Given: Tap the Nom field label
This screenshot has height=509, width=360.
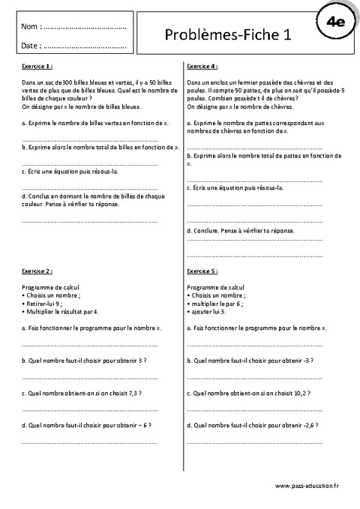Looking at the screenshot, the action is coord(31,27).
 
